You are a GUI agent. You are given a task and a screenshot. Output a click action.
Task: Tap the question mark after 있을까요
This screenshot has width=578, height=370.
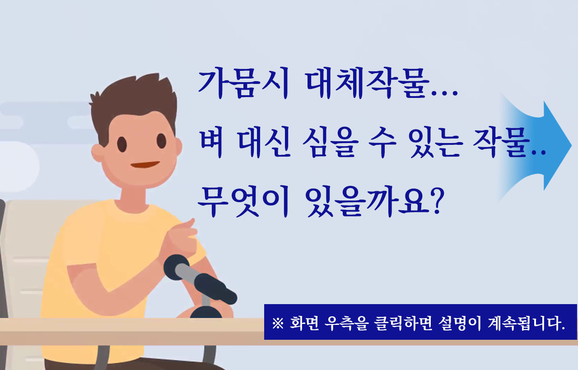[437, 201]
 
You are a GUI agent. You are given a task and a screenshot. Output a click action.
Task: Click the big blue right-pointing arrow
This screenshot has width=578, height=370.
[537, 146]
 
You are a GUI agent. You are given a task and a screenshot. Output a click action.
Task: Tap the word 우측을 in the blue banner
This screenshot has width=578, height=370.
[346, 323]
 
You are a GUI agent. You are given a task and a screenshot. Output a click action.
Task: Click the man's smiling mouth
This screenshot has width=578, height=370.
[145, 164]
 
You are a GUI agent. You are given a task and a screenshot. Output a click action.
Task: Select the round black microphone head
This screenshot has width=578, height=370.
[176, 268]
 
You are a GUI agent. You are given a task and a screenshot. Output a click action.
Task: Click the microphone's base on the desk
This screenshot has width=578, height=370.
[205, 312]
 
